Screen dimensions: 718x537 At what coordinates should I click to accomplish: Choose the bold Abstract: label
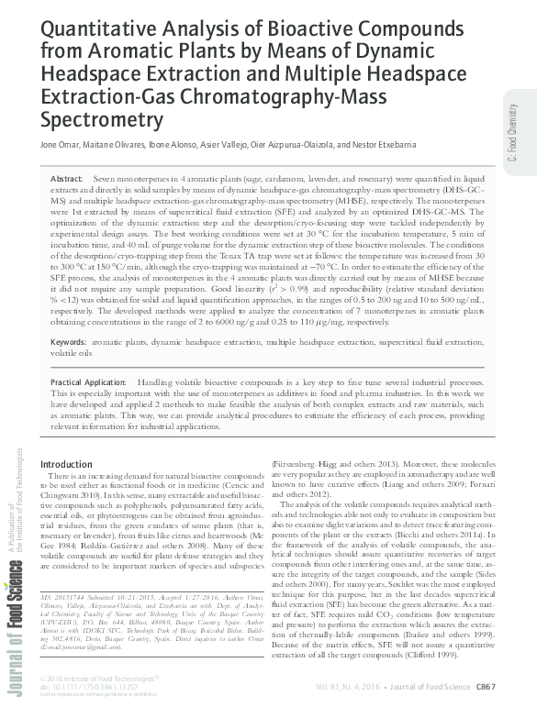pyautogui.click(x=67, y=177)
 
